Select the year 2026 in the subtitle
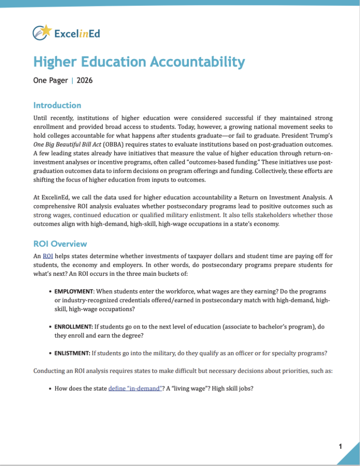click(85, 81)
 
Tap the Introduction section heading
click(57, 105)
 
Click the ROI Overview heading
click(60, 244)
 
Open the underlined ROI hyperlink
click(48, 256)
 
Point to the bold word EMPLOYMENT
click(74, 291)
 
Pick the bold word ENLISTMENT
click(72, 353)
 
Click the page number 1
click(340, 446)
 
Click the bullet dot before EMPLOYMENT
click(50, 291)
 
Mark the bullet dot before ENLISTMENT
click(50, 353)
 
